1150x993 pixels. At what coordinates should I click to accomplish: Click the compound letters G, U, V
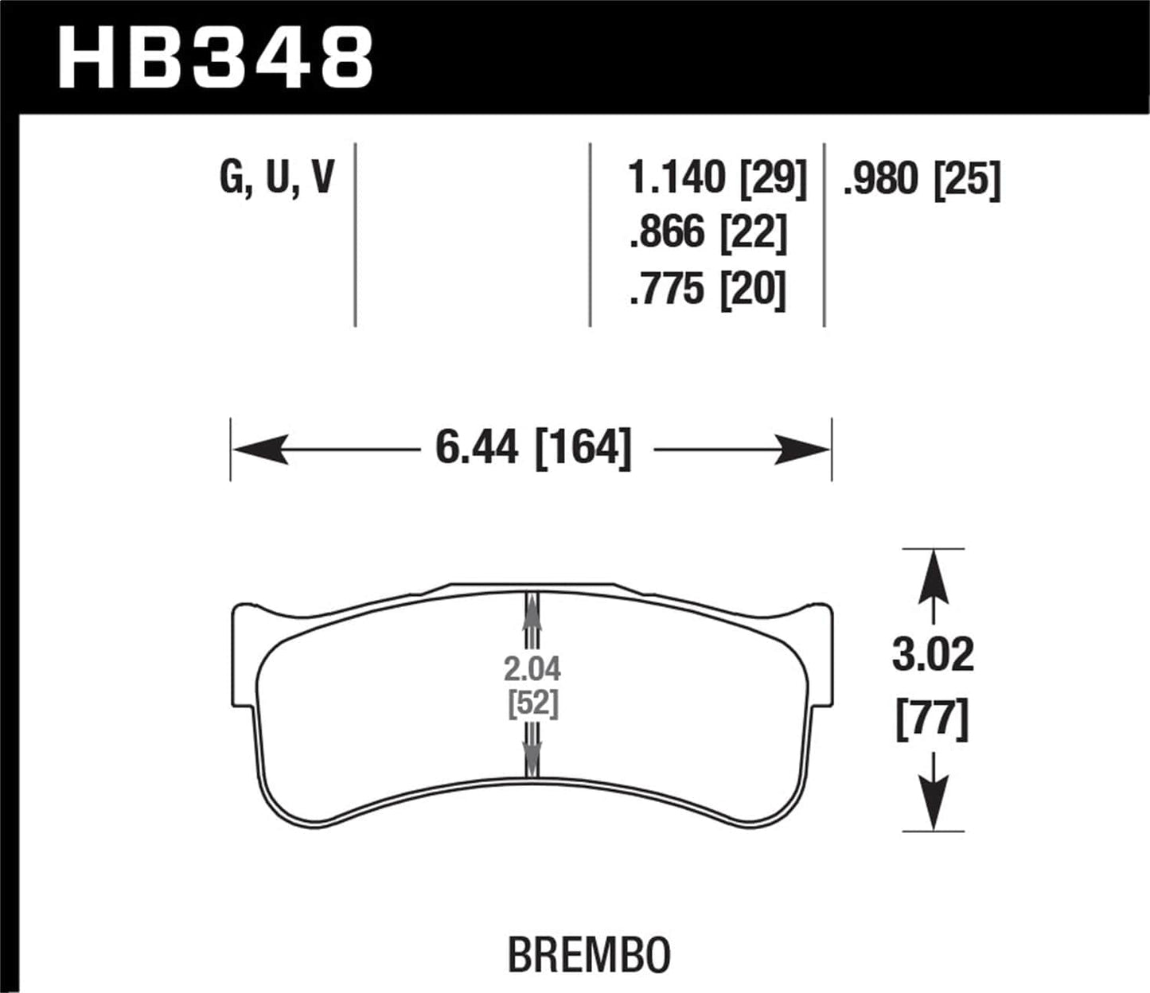click(x=276, y=177)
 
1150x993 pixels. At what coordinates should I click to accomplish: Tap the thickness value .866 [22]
click(x=708, y=233)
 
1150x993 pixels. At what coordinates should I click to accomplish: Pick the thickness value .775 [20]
click(x=708, y=289)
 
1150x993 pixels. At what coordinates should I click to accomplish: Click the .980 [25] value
click(x=921, y=179)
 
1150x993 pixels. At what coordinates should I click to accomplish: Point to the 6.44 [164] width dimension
click(x=533, y=447)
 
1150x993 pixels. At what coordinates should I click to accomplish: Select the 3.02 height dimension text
click(x=933, y=656)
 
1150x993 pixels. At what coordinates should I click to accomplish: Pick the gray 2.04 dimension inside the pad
click(x=532, y=669)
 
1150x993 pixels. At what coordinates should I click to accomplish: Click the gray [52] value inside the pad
click(x=532, y=704)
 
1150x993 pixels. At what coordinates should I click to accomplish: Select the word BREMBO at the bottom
click(x=589, y=955)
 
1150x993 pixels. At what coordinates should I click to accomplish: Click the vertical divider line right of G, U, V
click(x=355, y=235)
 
